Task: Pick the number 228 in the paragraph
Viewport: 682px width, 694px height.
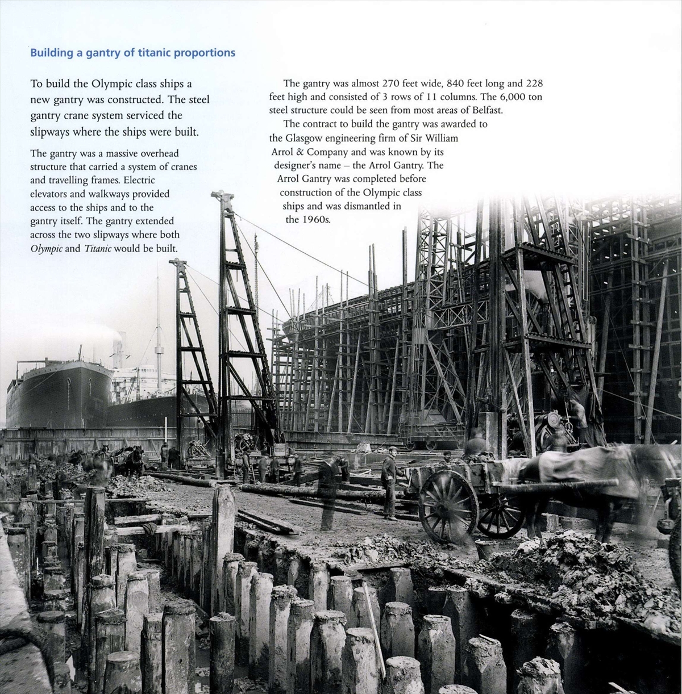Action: pyautogui.click(x=534, y=83)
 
